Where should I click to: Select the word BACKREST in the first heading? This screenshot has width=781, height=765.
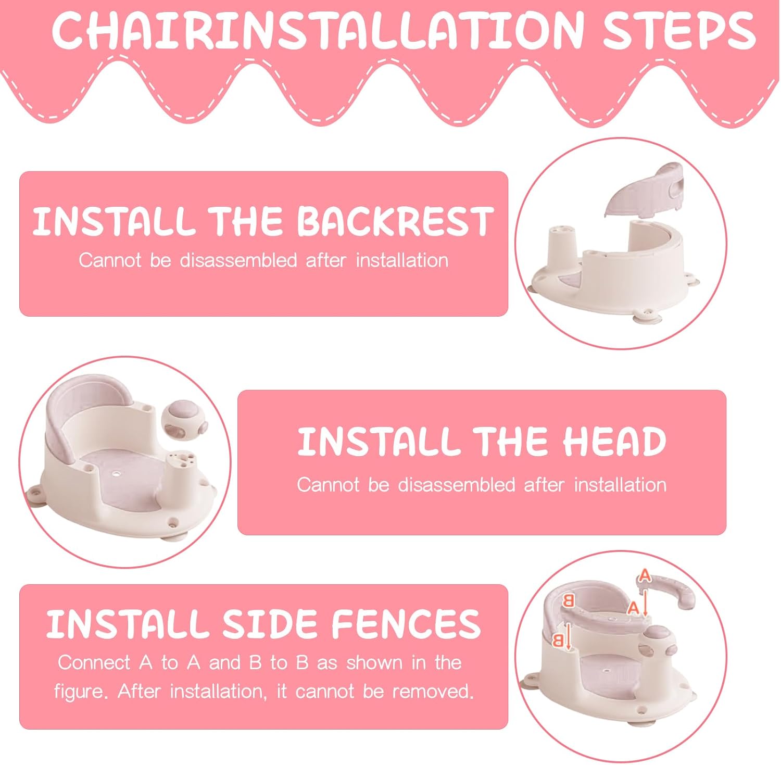click(x=395, y=221)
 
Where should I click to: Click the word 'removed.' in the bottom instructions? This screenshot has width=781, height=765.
click(x=433, y=692)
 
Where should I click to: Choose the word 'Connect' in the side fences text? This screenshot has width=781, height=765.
click(x=94, y=662)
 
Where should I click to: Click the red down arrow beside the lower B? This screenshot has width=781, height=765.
click(x=569, y=637)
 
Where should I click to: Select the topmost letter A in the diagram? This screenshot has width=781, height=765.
click(x=645, y=575)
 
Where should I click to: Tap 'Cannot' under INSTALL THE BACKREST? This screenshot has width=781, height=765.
click(x=110, y=260)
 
